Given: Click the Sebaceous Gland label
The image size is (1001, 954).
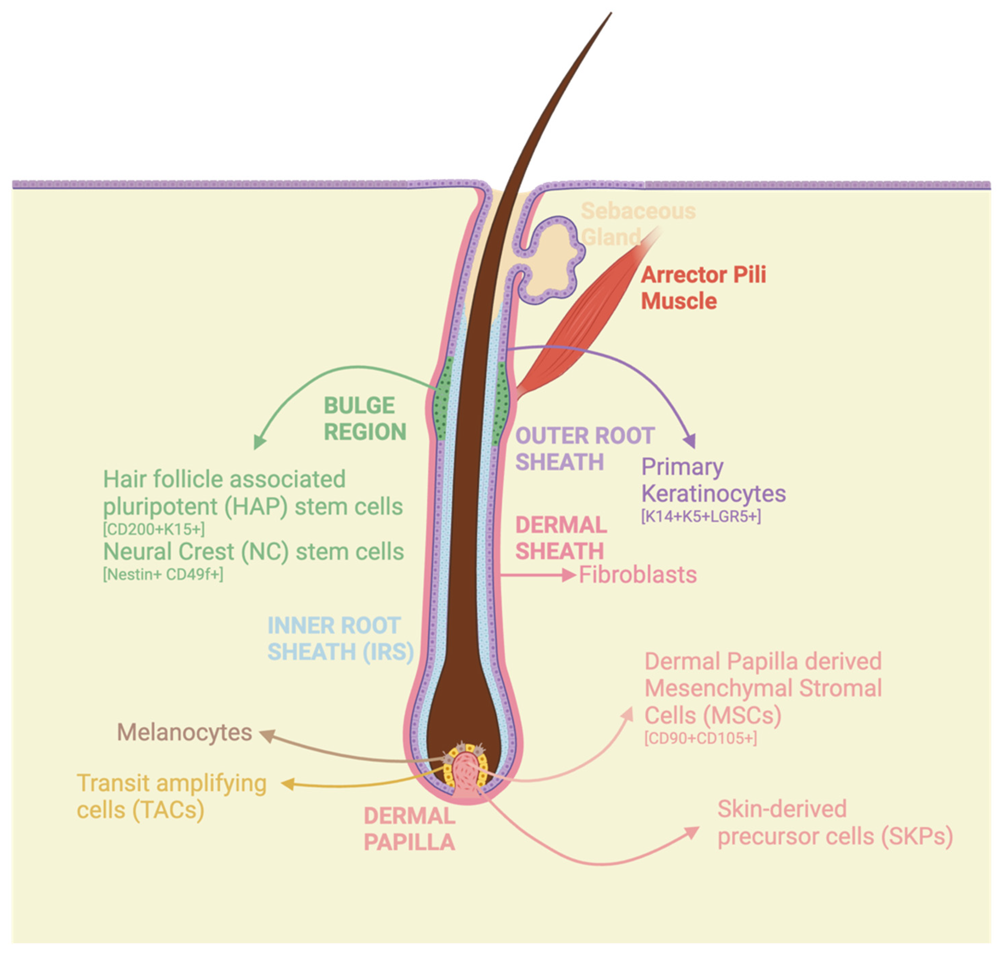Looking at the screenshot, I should click(x=638, y=224).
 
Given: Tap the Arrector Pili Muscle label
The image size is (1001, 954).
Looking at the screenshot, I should click(x=703, y=288).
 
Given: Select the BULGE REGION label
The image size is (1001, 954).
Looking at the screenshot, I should click(x=365, y=418).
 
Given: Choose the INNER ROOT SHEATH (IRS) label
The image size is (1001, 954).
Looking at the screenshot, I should click(x=340, y=638).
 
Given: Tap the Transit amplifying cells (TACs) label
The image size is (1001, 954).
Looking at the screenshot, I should click(x=171, y=796).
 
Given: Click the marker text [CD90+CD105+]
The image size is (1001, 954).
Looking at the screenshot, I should click(x=701, y=738).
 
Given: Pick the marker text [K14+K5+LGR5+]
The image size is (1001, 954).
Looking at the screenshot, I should click(x=701, y=516).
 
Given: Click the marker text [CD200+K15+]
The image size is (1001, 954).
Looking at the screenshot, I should click(x=154, y=529).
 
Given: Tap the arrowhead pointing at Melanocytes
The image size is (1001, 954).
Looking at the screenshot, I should click(x=267, y=735).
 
